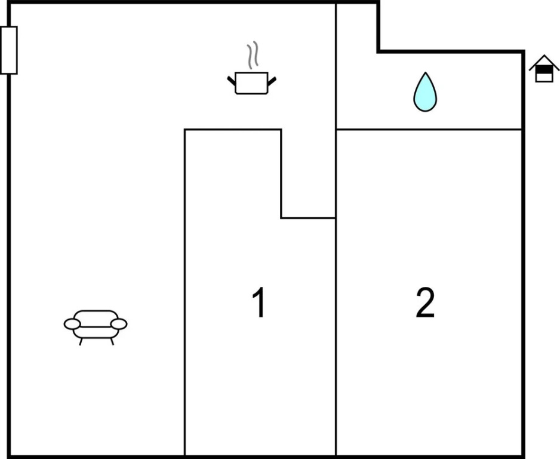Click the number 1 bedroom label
click(x=259, y=302)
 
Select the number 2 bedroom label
click(x=425, y=302)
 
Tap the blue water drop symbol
click(x=425, y=92)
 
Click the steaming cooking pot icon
click(x=252, y=68)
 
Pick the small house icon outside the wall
click(x=544, y=69)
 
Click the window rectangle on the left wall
click(x=8, y=50)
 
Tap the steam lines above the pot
click(x=253, y=56)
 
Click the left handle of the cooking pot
click(x=232, y=81)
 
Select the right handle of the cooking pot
click(x=272, y=81)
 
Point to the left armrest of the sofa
click(x=72, y=325)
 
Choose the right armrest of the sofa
click(x=119, y=325)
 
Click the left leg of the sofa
click(x=81, y=342)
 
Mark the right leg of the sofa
click(x=112, y=342)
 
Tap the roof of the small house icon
click(x=544, y=62)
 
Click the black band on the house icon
click(x=544, y=69)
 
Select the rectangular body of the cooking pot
click(x=251, y=83)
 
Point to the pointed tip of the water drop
click(x=425, y=72)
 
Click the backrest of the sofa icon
click(x=96, y=318)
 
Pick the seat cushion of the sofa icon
click(x=96, y=332)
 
